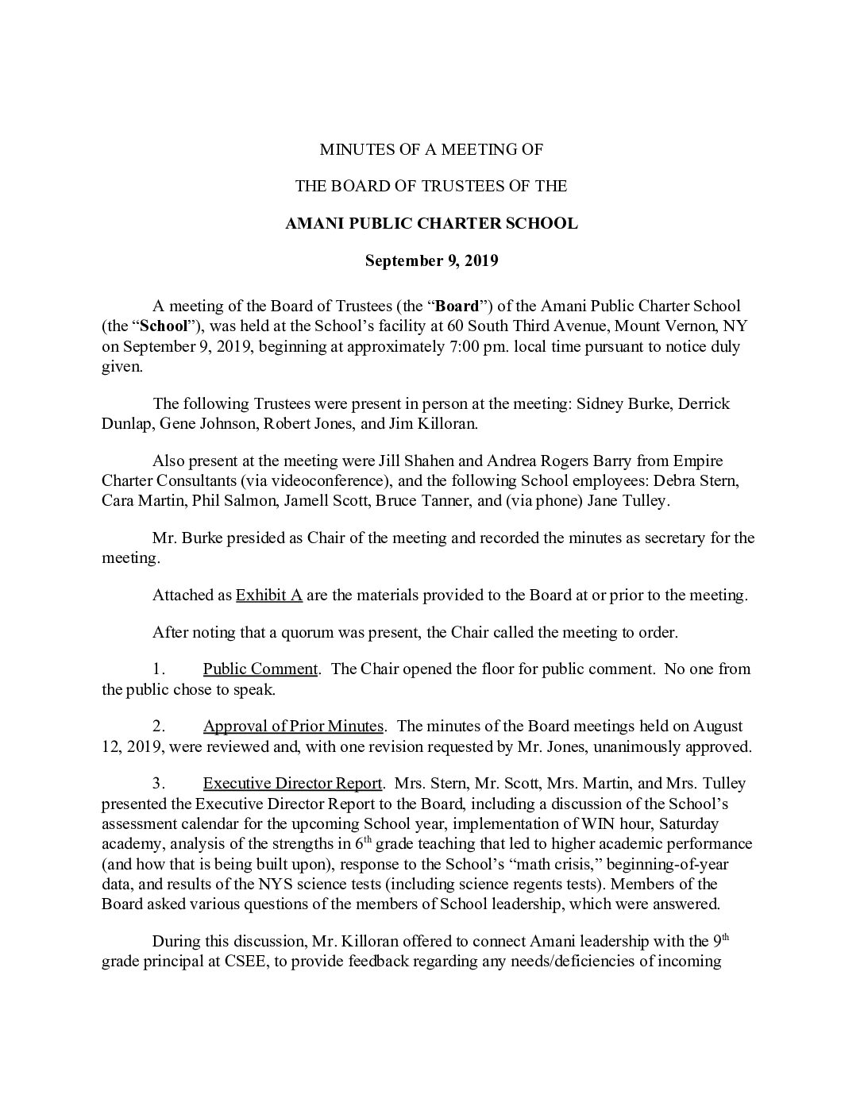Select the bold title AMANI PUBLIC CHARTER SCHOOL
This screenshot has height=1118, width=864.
431,223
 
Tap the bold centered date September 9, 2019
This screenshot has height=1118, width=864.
431,260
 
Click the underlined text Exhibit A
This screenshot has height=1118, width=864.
269,596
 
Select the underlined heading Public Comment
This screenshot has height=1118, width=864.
260,669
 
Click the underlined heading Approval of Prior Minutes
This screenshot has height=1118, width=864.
293,726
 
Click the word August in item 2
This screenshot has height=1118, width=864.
718,726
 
